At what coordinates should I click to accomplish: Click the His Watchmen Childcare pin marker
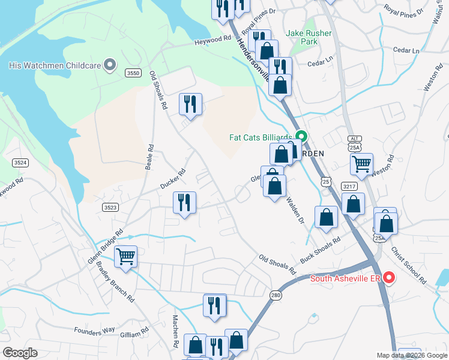pyautogui.click(x=110, y=65)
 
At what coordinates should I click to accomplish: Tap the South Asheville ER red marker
pyautogui.click(x=388, y=278)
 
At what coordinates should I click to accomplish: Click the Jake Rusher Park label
pyautogui.click(x=309, y=37)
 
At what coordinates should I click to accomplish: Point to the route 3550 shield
pyautogui.click(x=133, y=73)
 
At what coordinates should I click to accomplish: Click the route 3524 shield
pyautogui.click(x=20, y=163)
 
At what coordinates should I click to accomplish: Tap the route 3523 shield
pyautogui.click(x=109, y=206)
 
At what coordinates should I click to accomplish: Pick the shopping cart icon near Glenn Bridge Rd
pyautogui.click(x=125, y=257)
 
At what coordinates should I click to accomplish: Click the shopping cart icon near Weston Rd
pyautogui.click(x=361, y=164)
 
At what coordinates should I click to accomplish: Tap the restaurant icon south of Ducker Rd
pyautogui.click(x=184, y=202)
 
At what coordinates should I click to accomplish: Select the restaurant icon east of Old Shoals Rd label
pyautogui.click(x=190, y=104)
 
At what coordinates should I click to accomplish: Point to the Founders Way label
pyautogui.click(x=94, y=330)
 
